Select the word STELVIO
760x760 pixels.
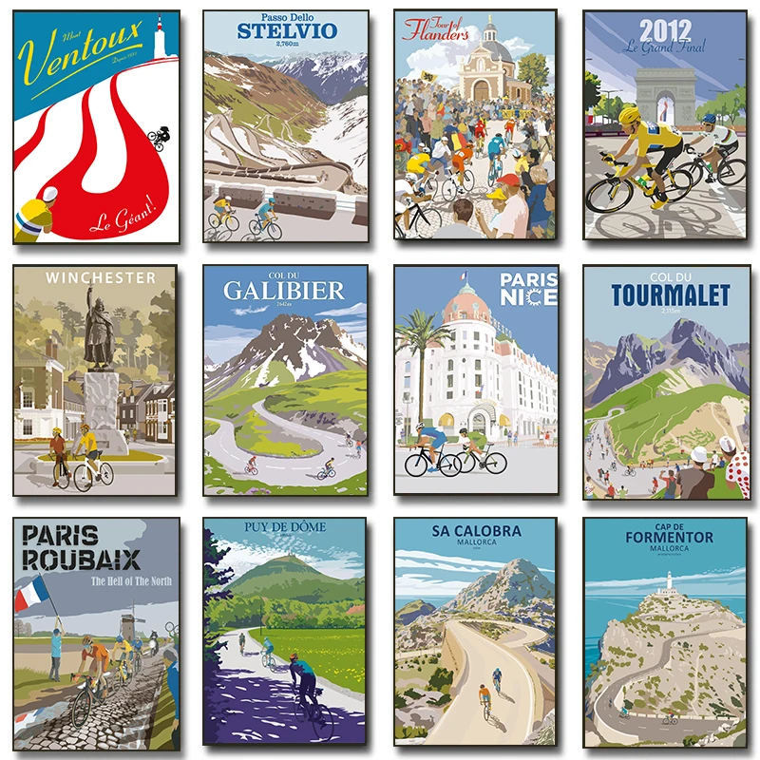(286, 31)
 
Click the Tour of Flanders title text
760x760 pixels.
(435, 29)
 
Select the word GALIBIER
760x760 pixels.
(284, 290)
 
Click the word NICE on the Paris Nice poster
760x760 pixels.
(529, 301)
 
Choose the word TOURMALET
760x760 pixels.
(671, 295)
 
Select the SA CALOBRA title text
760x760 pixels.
(475, 531)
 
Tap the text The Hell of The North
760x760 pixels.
(131, 581)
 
